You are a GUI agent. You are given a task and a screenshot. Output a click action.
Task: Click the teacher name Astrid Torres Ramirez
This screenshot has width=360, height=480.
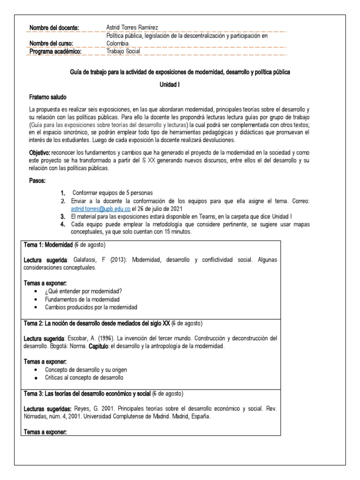(x=136, y=28)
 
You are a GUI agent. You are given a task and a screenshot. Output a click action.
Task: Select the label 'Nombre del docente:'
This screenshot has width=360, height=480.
(x=54, y=28)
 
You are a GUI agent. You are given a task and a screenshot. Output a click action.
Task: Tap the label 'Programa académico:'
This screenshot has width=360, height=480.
(x=55, y=52)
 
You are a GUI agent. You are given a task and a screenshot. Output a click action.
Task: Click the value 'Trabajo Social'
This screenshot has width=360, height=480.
(x=123, y=52)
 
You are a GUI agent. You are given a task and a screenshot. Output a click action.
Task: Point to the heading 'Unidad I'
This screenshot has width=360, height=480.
(x=180, y=85)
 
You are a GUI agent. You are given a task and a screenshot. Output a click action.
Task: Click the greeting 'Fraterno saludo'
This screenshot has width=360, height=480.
(x=48, y=97)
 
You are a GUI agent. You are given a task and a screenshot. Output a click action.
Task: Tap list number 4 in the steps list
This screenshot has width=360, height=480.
(x=62, y=225)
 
